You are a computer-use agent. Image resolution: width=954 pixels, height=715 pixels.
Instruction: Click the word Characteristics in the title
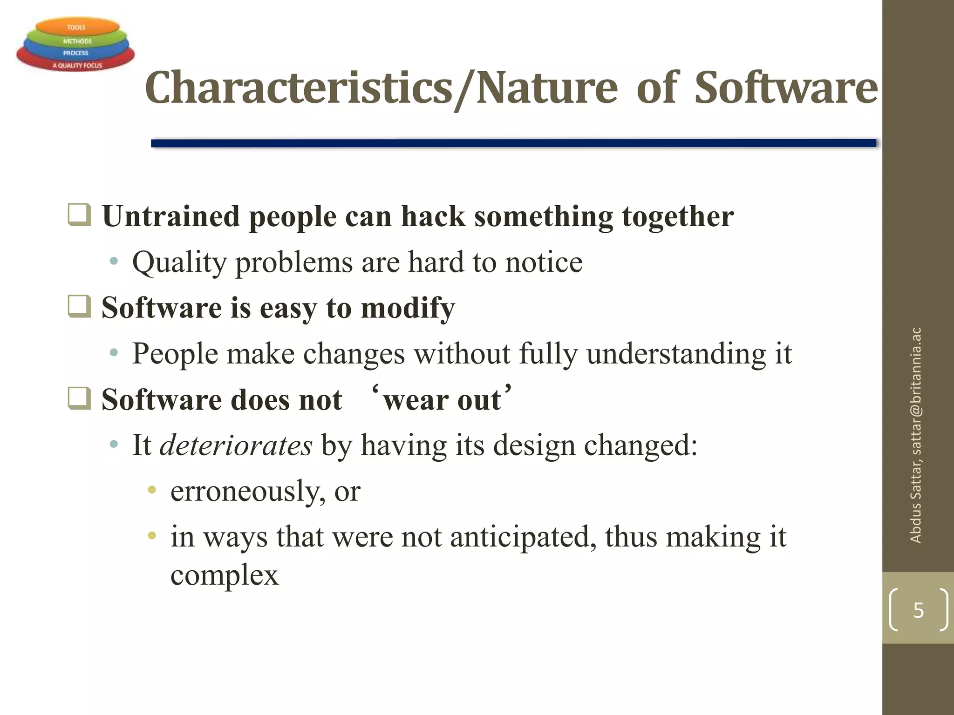click(298, 88)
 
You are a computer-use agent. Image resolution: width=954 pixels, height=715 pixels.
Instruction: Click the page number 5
click(918, 610)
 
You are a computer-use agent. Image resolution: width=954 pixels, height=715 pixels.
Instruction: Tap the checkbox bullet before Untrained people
click(79, 215)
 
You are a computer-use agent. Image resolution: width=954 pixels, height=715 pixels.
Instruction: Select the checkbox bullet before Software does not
click(79, 398)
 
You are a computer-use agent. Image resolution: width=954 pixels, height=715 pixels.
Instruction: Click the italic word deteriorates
click(236, 445)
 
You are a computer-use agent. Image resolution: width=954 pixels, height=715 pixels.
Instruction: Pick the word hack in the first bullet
click(433, 216)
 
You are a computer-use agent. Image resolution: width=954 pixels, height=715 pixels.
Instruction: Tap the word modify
click(408, 308)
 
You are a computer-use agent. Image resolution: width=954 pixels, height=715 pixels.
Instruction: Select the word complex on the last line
click(224, 575)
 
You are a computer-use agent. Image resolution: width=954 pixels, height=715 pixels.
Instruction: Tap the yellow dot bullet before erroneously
click(151, 490)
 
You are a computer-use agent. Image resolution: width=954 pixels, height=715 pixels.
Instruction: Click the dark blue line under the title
click(512, 143)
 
